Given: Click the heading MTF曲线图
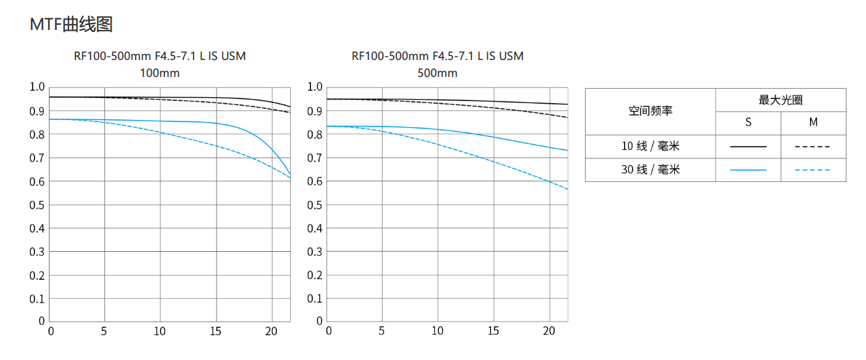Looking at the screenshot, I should coord(71,25).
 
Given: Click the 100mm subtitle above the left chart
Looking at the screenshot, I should coord(160,73).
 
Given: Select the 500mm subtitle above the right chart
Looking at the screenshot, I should coord(438,73).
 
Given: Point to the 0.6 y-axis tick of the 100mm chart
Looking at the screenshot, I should coord(37,181).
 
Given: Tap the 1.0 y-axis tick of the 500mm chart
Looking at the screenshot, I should coord(315,87).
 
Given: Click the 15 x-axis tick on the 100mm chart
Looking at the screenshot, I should coord(216,331).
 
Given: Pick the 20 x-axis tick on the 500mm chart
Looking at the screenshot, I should coord(549,331).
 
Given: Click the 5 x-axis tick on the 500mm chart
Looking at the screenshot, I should coord(381,331).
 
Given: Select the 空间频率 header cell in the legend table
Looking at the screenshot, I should coord(650,112).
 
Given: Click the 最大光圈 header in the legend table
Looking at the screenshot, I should coord(781,100).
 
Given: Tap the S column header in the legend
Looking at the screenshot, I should coord(748,123).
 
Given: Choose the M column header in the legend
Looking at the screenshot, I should coord(813,123).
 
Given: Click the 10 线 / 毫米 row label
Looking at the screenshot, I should coord(650,147).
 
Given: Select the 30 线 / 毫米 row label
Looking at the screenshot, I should coord(650,170).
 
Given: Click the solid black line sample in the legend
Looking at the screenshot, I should coord(748,147).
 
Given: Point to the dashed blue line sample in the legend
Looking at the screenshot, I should coord(813,170).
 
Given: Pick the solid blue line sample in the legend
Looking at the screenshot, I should coord(748,170).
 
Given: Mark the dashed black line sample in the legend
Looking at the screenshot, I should coord(813,147).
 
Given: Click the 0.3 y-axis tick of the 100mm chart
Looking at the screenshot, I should coord(37,252).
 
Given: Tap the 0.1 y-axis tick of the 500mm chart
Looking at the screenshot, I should coord(315,299).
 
